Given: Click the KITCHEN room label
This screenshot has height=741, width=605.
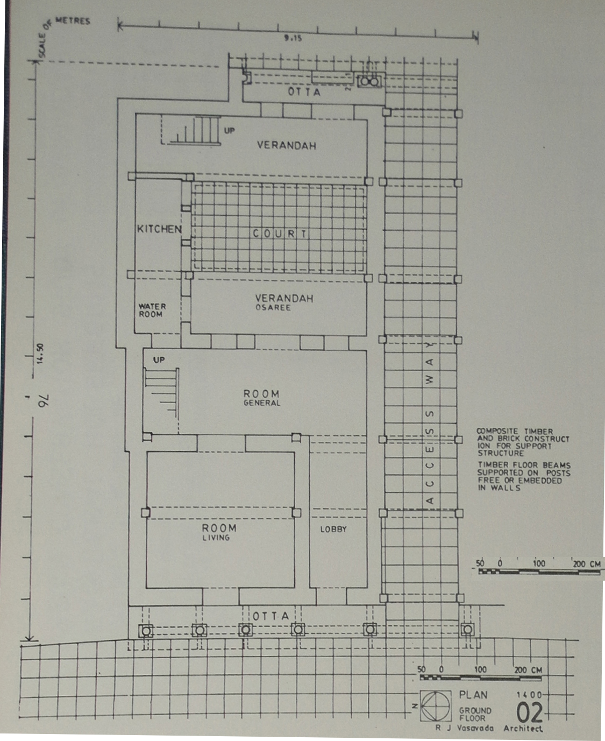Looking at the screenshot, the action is [159, 229].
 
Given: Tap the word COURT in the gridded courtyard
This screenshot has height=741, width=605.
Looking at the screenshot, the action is [280, 234].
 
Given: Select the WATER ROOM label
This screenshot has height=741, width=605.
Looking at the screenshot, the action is [152, 310].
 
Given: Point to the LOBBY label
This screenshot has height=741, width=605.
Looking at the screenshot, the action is [333, 529].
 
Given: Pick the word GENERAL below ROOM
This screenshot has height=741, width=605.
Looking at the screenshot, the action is [262, 403].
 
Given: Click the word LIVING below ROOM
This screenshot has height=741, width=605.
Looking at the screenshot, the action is [216, 538].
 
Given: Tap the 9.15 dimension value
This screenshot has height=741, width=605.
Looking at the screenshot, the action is [293, 38].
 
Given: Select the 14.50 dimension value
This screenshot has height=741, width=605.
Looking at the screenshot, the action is [40, 353].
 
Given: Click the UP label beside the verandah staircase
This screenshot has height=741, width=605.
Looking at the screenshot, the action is [229, 130].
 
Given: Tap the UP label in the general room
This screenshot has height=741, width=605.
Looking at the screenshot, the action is [159, 360].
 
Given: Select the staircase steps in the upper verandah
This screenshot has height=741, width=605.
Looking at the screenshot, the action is [194, 130].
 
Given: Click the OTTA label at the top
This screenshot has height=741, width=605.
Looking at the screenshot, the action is [304, 92].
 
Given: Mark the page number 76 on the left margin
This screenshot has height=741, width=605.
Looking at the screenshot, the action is [44, 400].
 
